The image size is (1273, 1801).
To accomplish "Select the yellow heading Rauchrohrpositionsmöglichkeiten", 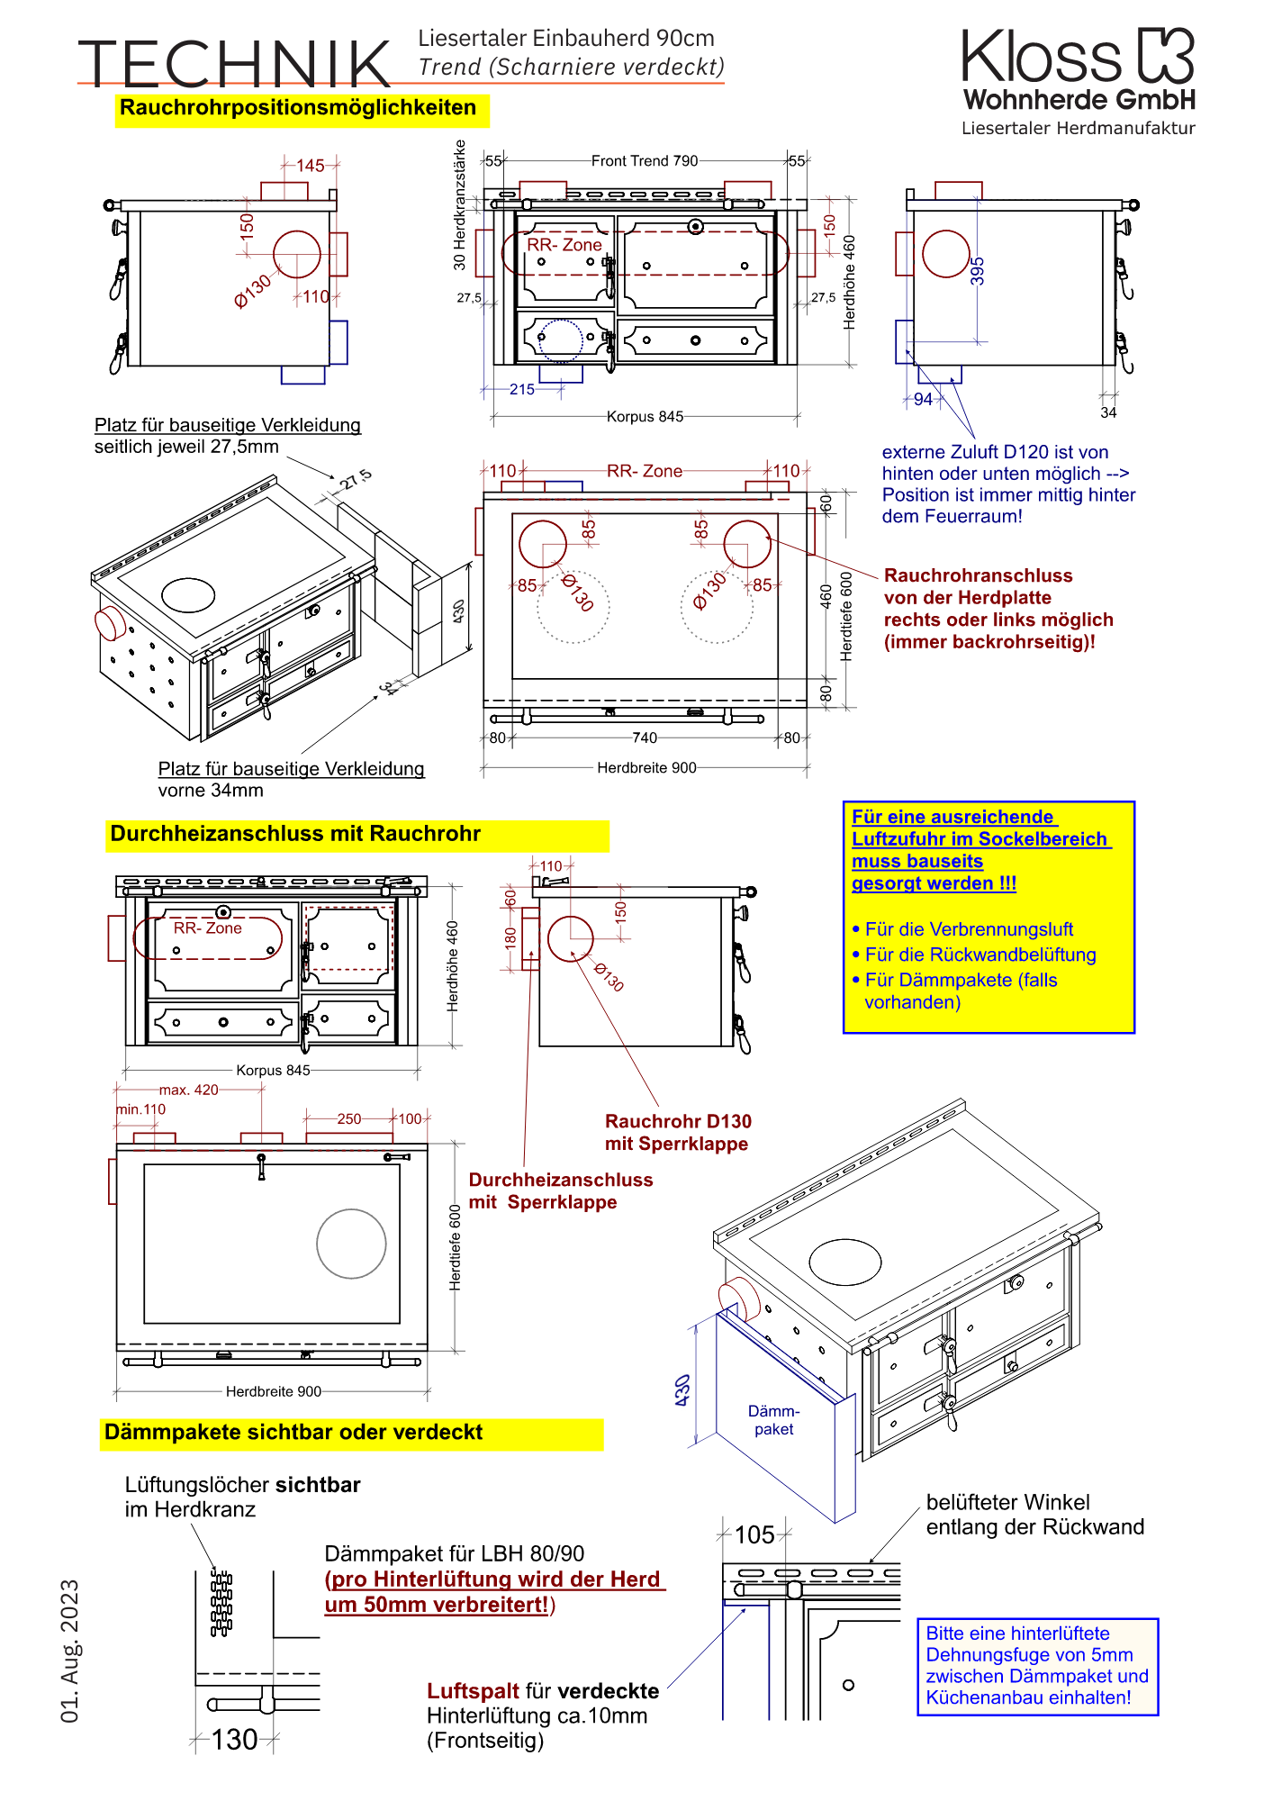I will point(298,108).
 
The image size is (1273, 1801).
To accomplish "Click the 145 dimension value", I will point(311,166).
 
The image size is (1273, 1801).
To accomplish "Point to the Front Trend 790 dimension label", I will point(645,161).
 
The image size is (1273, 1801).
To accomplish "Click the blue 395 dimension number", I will point(978,271).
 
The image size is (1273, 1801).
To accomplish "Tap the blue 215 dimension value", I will point(522,390).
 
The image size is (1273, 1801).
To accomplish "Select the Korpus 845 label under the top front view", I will point(645,417).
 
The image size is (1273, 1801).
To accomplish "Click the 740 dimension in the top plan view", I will point(645,738).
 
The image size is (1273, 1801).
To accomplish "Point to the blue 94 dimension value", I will point(924,400).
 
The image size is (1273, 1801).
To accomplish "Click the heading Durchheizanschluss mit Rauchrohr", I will point(295,834).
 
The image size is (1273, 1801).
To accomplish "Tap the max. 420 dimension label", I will point(189,1090).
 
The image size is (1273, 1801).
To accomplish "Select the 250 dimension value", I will point(349,1119).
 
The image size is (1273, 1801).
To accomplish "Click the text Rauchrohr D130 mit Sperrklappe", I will point(677,1133).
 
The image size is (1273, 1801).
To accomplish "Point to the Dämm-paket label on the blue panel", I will point(774,1420).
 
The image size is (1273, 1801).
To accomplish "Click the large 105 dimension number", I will point(754,1535).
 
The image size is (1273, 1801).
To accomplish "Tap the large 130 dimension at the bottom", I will point(235,1740).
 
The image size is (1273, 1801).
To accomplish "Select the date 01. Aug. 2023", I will point(70,1651).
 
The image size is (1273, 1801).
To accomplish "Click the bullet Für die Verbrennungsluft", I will point(969,929).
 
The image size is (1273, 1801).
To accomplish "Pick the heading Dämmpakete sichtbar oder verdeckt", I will point(293,1433).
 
